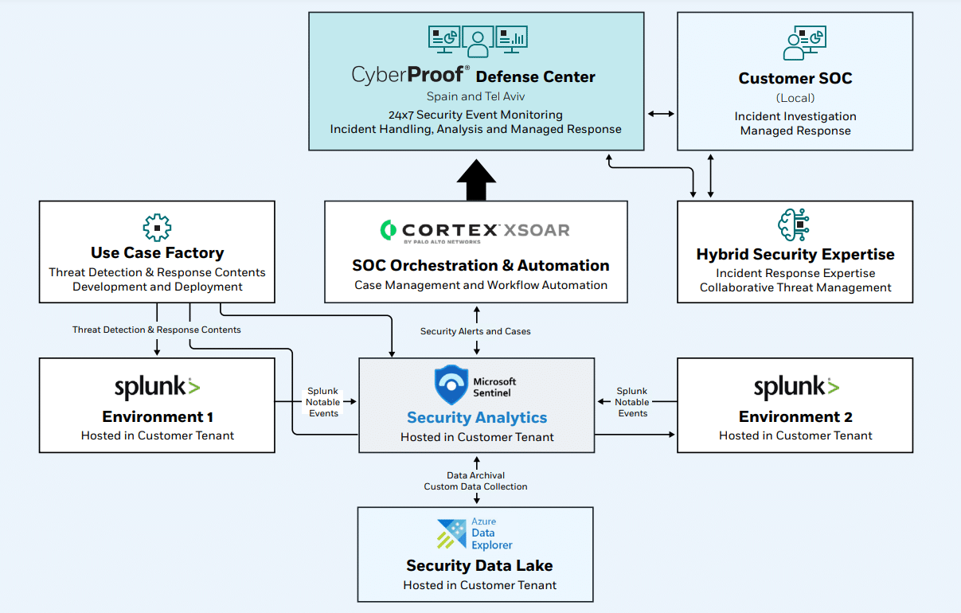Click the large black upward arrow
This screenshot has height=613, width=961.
476,180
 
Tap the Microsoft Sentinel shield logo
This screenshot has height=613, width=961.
451,385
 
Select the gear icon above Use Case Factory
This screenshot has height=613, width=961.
157,227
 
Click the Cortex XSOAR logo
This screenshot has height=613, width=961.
475,231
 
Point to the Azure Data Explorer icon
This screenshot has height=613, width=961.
451,534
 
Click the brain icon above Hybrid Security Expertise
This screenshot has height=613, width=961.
794,225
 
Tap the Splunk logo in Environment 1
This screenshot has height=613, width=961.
157,388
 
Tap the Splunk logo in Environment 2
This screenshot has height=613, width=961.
795,388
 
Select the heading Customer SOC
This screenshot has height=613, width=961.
795,78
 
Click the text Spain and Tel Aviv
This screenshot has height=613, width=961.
475,97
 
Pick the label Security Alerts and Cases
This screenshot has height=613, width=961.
475,331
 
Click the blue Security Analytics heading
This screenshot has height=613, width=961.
476,417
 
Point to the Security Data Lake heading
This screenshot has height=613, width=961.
479,565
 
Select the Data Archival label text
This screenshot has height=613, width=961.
475,475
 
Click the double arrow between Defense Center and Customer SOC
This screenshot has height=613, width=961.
661,115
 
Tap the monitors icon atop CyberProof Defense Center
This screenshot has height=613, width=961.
477,41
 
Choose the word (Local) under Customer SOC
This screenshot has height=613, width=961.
795,98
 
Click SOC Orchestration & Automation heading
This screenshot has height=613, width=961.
481,266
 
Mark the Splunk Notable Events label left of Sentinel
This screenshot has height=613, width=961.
323,402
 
